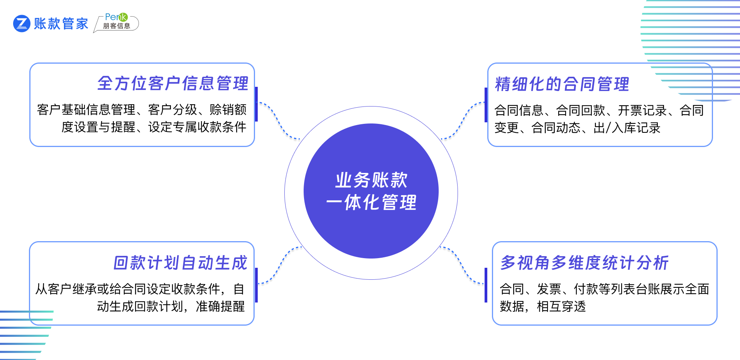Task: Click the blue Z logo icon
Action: coord(22,24)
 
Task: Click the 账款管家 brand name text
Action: coord(61,24)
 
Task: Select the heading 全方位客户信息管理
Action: coord(172,83)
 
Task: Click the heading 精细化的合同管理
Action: coord(562,84)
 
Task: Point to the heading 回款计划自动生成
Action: coord(180,263)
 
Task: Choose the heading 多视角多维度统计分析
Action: coord(584,263)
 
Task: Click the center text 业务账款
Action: coord(371,180)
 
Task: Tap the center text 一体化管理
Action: coord(371,203)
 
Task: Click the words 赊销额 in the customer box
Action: coord(228,110)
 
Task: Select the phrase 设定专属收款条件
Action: coord(197,127)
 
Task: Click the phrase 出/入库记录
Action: coord(627,128)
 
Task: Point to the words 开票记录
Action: coord(642,110)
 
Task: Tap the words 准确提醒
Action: coord(220,306)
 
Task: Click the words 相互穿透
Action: coord(561,306)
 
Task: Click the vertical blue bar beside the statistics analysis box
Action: coord(486,285)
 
